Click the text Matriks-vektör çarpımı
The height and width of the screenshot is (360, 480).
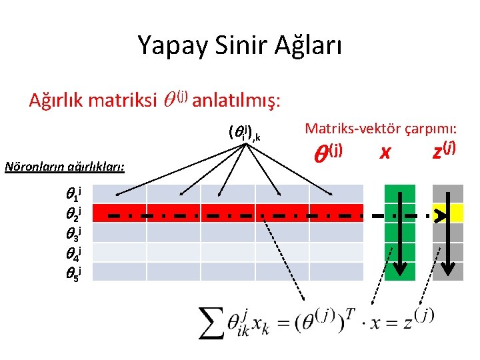(381, 128)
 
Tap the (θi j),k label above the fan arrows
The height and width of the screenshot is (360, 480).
(243, 133)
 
